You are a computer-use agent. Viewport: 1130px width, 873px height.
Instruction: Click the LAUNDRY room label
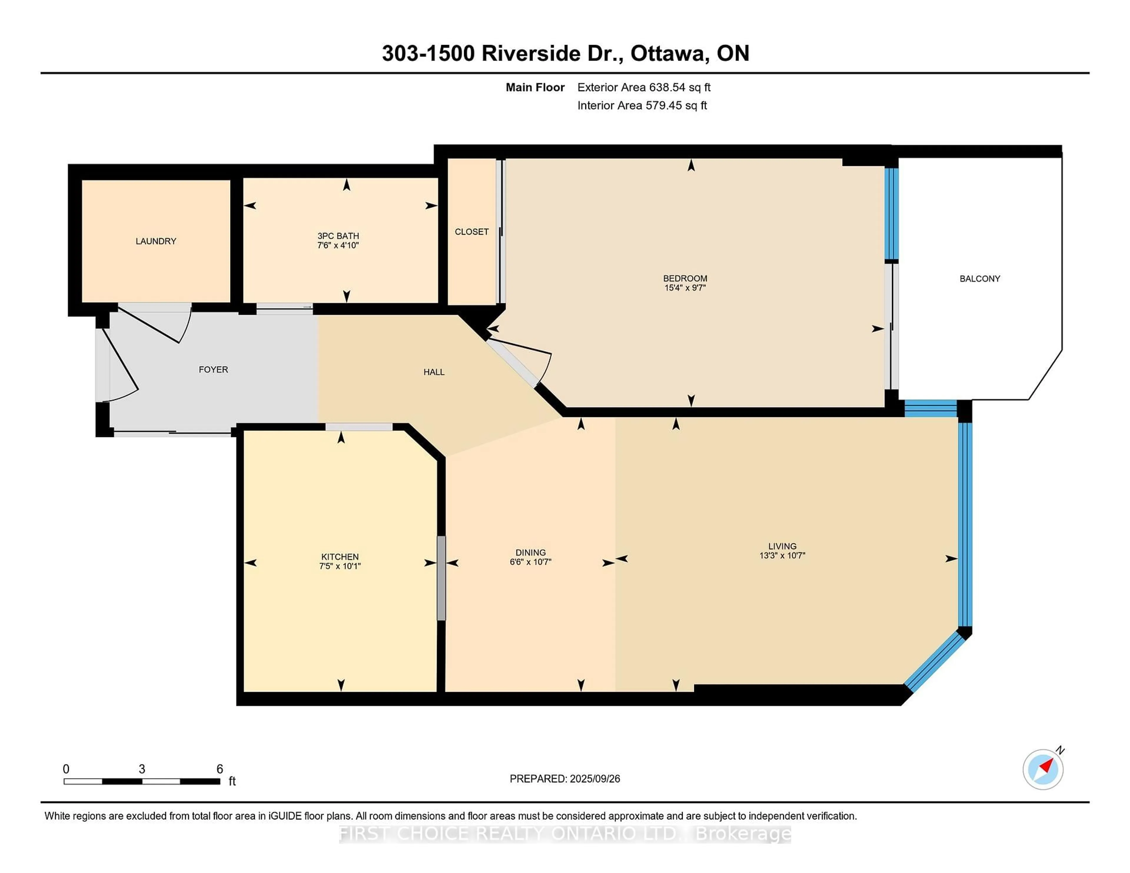pyautogui.click(x=156, y=241)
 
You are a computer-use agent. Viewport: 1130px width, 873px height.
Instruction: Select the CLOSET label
pyautogui.click(x=471, y=232)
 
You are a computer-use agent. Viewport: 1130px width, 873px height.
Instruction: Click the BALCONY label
pyautogui.click(x=979, y=279)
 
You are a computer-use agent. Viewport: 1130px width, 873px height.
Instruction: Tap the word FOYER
pyautogui.click(x=213, y=369)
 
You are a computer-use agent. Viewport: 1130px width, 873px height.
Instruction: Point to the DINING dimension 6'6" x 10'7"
pyautogui.click(x=530, y=562)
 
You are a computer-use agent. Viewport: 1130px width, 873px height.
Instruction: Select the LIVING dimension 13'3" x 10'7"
pyautogui.click(x=782, y=555)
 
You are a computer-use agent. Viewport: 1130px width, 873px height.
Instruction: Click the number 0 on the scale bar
pyautogui.click(x=66, y=769)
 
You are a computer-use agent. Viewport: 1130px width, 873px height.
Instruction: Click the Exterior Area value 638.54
pyautogui.click(x=666, y=87)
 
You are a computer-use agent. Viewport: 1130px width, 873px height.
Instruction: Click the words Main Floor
pyautogui.click(x=535, y=87)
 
